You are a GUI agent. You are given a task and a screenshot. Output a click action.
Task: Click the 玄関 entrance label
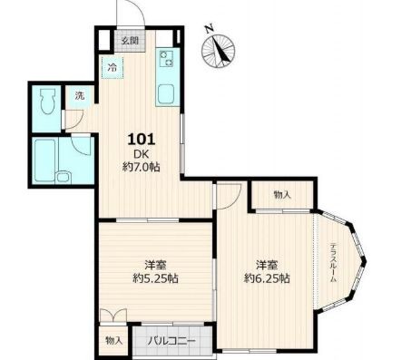[x=130, y=41]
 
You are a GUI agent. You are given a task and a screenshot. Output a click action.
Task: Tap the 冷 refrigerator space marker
[x=113, y=67]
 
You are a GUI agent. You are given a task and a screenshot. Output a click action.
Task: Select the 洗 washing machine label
[x=80, y=95]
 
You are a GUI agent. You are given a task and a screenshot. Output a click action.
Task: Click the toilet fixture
[x=47, y=101]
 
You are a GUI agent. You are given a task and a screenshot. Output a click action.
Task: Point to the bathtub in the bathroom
[x=44, y=161]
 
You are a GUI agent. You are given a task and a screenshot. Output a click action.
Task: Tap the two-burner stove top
[x=166, y=58]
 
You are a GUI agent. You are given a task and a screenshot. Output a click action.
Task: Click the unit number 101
[x=142, y=140]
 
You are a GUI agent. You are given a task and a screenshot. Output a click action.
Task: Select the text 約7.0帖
[x=141, y=167]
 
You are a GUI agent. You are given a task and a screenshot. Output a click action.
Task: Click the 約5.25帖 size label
[x=155, y=278]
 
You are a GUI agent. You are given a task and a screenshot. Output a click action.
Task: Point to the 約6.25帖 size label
[x=267, y=278]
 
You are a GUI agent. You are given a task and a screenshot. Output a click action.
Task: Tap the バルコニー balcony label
[x=171, y=342]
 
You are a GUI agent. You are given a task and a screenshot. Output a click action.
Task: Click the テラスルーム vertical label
[x=333, y=262]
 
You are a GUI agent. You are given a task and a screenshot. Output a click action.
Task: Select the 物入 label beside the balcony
[x=114, y=341]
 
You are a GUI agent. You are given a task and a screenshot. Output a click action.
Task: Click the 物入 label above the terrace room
[x=282, y=195]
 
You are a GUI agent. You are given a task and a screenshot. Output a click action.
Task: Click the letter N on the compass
[x=209, y=29]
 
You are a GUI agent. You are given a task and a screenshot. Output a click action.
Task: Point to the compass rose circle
[x=219, y=51]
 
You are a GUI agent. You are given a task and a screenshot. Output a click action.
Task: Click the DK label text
[x=142, y=154]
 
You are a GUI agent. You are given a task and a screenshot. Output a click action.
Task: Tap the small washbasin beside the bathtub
[x=64, y=177]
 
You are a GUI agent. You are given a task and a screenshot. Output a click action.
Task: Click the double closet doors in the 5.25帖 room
[x=113, y=316]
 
